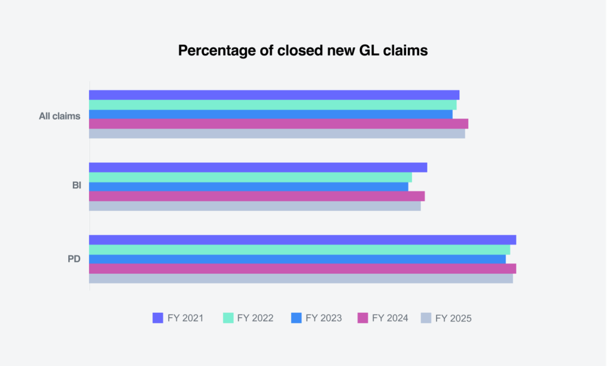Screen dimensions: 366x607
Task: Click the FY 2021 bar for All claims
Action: tap(274, 95)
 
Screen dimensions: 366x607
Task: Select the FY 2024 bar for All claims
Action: tap(279, 124)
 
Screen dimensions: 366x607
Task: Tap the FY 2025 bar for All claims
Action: tap(277, 134)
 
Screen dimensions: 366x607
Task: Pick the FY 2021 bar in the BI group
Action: tap(258, 168)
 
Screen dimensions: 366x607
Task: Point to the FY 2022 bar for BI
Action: tap(250, 177)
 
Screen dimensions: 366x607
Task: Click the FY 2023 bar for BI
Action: tap(248, 187)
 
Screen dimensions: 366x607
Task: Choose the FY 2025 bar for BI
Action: tap(255, 206)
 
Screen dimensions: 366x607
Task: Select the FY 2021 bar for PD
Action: tap(302, 240)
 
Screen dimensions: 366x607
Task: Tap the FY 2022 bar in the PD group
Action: tap(299, 249)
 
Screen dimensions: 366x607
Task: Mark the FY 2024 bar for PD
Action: tap(302, 269)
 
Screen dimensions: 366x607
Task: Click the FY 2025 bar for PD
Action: tap(301, 278)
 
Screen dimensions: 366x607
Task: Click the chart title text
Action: tap(303, 51)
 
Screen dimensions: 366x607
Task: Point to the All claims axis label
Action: tap(59, 116)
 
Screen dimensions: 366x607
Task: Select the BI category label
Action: tap(76, 185)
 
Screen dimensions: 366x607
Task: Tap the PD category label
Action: tap(74, 259)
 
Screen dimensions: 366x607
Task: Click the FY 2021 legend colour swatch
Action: tap(158, 318)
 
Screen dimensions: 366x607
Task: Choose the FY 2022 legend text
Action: tap(255, 318)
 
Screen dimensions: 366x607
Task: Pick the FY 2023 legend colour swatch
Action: tap(296, 318)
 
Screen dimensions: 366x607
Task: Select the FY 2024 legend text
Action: tap(390, 318)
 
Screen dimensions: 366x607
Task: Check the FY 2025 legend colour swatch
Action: tap(426, 318)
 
